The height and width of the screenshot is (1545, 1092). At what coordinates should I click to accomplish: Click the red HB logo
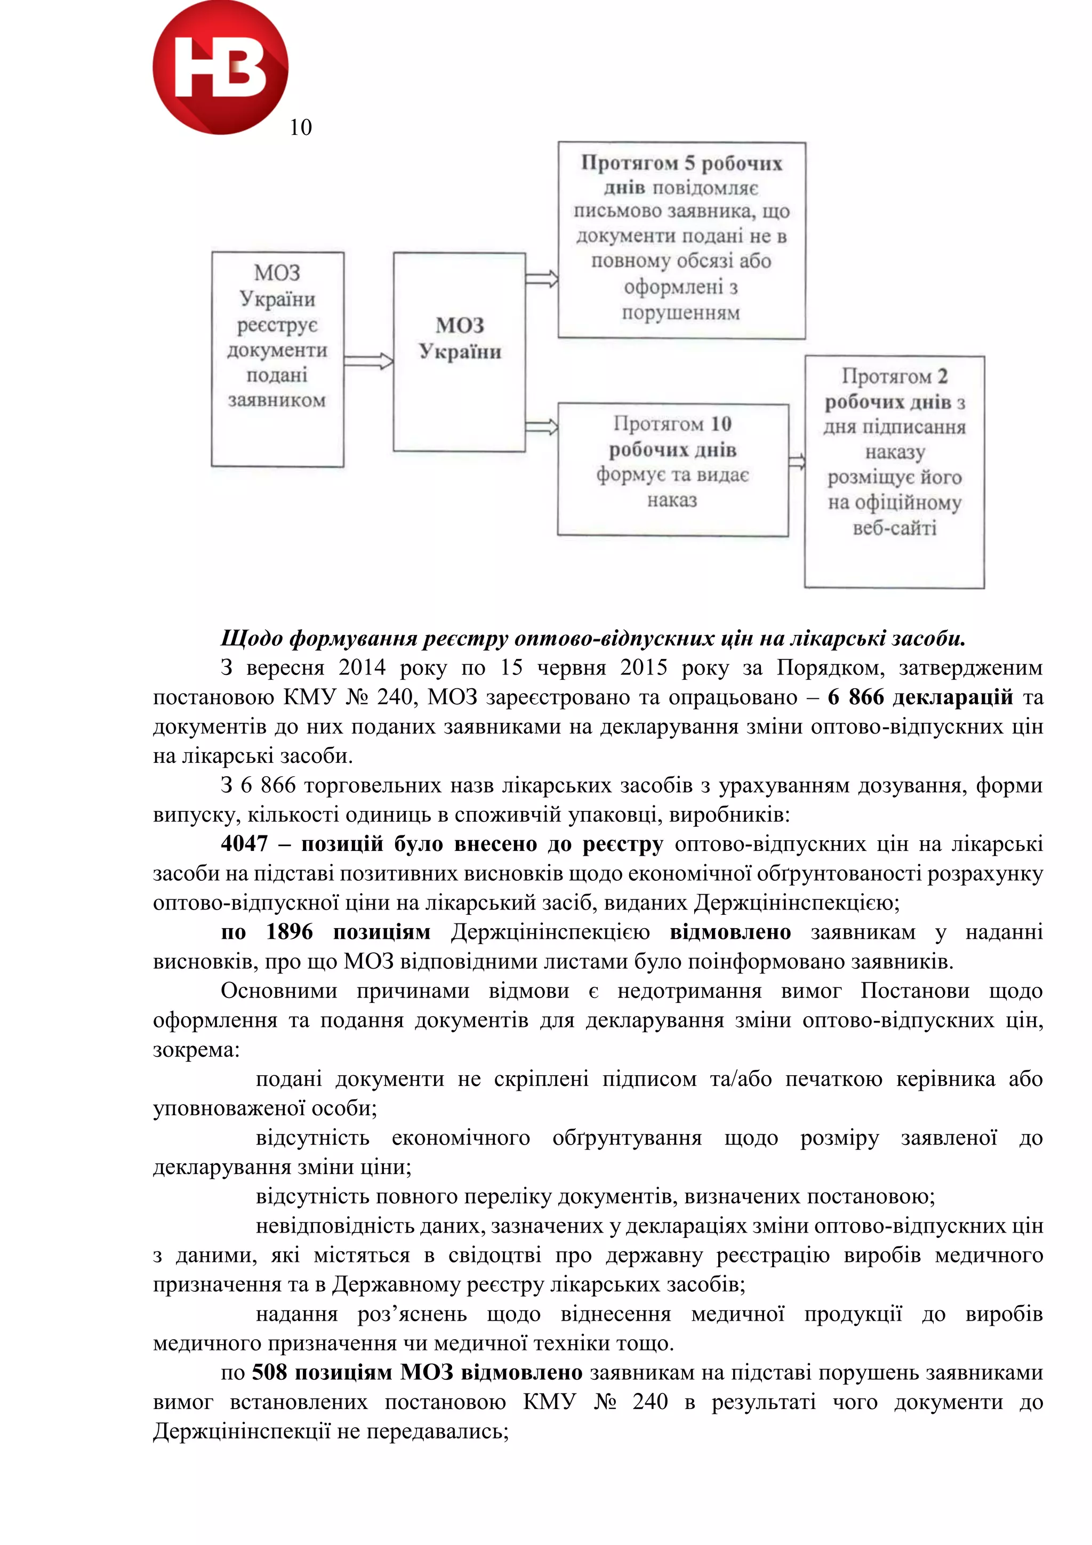pyautogui.click(x=220, y=67)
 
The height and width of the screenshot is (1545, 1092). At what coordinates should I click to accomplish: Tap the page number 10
pyautogui.click(x=301, y=127)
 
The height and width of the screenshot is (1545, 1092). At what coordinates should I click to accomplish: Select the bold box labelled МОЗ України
pyautogui.click(x=459, y=351)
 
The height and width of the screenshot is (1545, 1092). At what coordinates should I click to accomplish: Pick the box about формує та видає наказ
pyautogui.click(x=672, y=469)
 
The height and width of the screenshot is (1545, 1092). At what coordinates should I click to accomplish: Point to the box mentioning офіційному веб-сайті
pyautogui.click(x=894, y=471)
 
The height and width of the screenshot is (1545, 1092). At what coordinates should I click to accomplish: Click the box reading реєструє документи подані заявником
pyautogui.click(x=277, y=359)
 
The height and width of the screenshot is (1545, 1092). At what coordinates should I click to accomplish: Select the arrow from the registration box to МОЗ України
pyautogui.click(x=368, y=361)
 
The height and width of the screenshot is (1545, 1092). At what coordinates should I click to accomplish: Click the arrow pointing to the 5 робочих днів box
pyautogui.click(x=542, y=279)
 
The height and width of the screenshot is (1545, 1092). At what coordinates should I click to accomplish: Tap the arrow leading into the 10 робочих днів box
pyautogui.click(x=542, y=427)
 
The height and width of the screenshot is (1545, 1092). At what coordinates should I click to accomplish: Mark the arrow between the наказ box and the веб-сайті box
pyautogui.click(x=797, y=462)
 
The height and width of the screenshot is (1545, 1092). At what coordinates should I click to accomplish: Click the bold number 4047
pyautogui.click(x=244, y=844)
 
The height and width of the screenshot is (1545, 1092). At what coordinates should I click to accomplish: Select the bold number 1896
pyautogui.click(x=290, y=932)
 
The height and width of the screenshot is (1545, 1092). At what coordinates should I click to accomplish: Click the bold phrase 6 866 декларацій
pyautogui.click(x=920, y=697)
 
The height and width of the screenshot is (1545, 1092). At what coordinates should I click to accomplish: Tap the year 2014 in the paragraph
pyautogui.click(x=362, y=667)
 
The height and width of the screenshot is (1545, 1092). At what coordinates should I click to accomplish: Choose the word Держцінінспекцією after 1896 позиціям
pyautogui.click(x=550, y=932)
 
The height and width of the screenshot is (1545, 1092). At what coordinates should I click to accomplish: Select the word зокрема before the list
pyautogui.click(x=196, y=1050)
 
